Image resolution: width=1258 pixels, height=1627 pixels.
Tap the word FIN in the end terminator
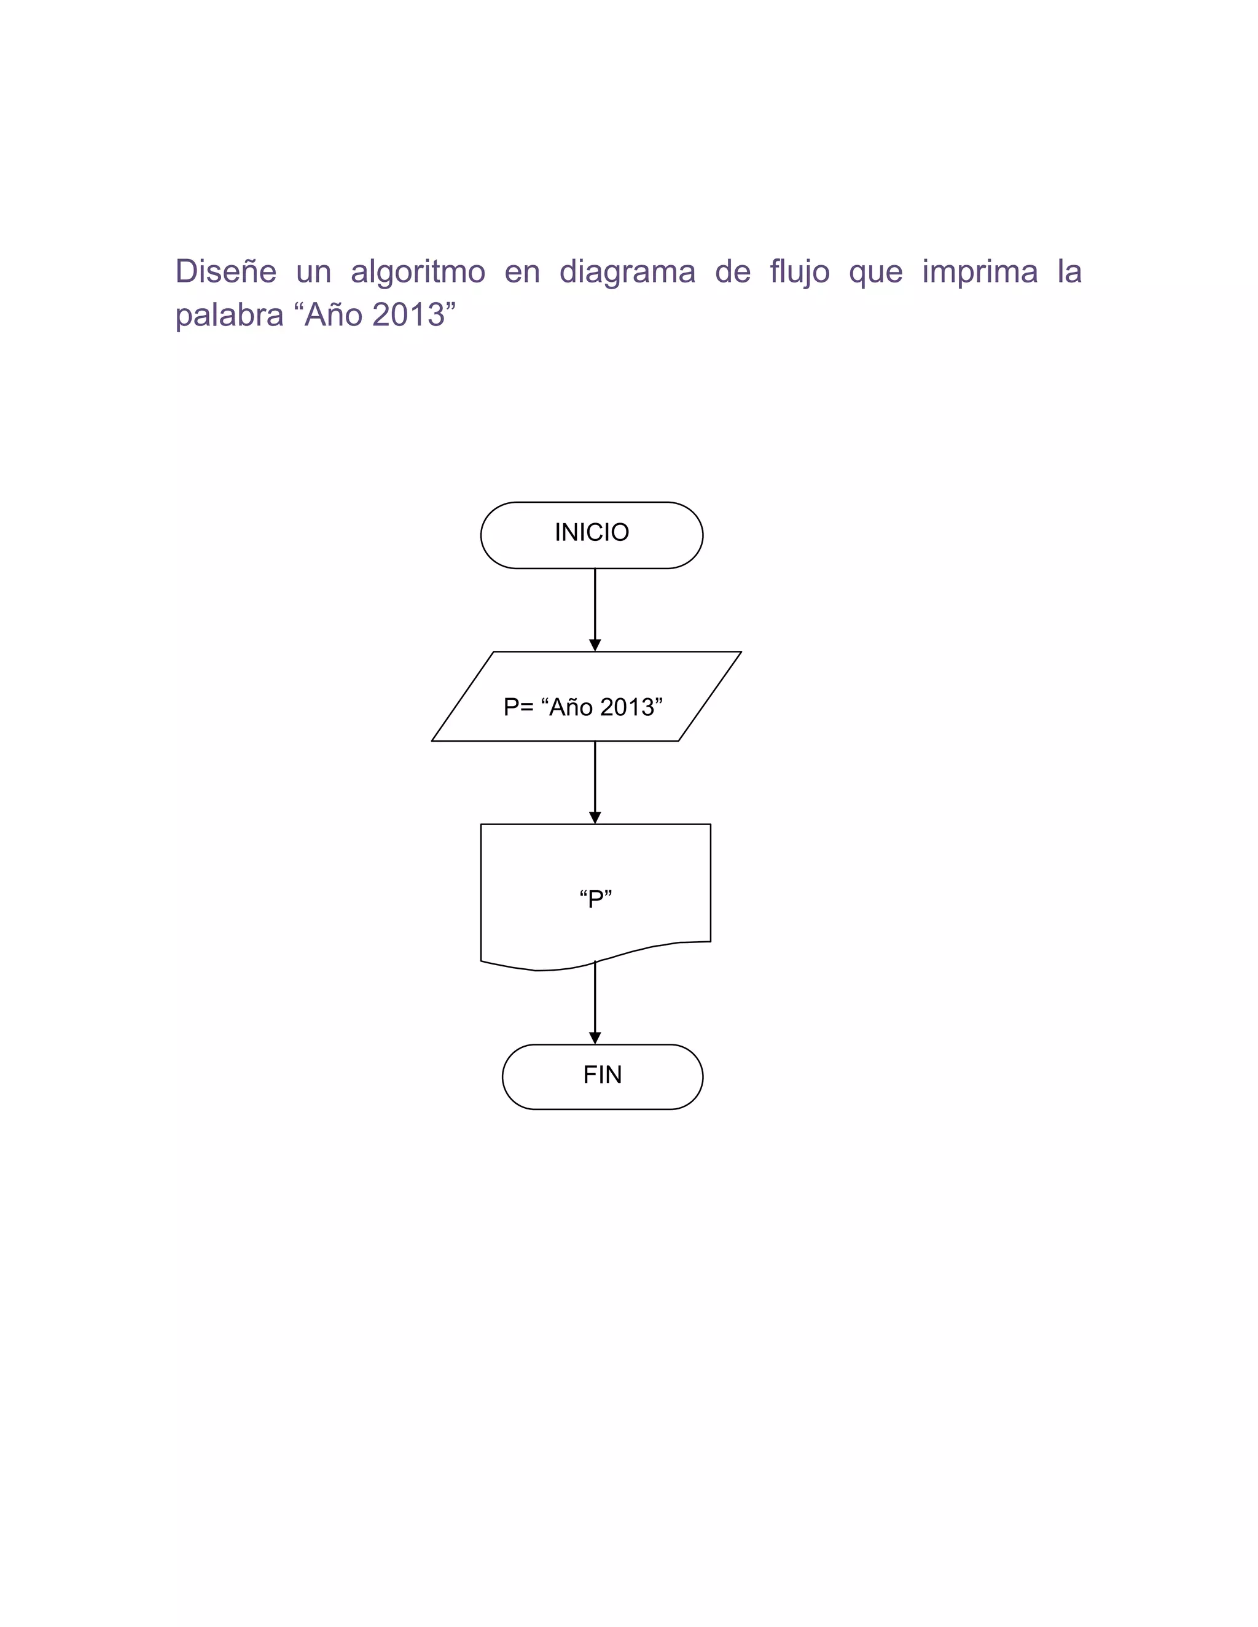[602, 1074]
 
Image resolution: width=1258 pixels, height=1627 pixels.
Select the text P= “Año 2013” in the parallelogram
[583, 706]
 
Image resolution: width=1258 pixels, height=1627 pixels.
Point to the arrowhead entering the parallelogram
[595, 645]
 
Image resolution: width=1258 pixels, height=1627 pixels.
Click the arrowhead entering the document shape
[595, 817]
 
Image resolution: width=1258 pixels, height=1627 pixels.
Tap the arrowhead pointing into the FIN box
[595, 1038]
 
